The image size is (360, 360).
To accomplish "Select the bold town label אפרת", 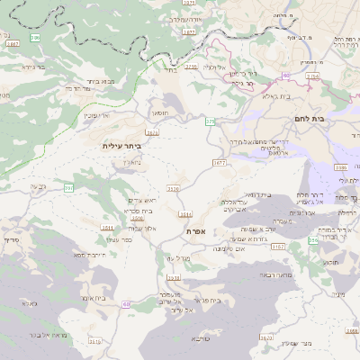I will click(x=198, y=231).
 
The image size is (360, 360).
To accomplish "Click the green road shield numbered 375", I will click(x=210, y=121).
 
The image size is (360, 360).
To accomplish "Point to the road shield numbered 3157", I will click(x=277, y=245).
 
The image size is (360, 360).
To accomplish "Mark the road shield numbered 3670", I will click(x=266, y=338).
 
